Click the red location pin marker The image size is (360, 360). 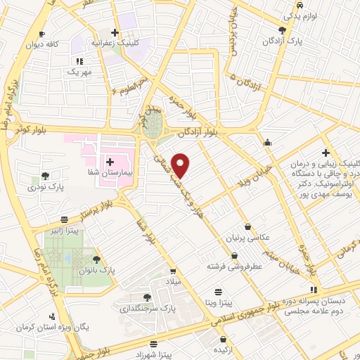[181, 165]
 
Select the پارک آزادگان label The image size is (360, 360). [308, 42]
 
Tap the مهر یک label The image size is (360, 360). [79, 72]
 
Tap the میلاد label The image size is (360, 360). [172, 281]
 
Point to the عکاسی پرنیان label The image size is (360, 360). [247, 238]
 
